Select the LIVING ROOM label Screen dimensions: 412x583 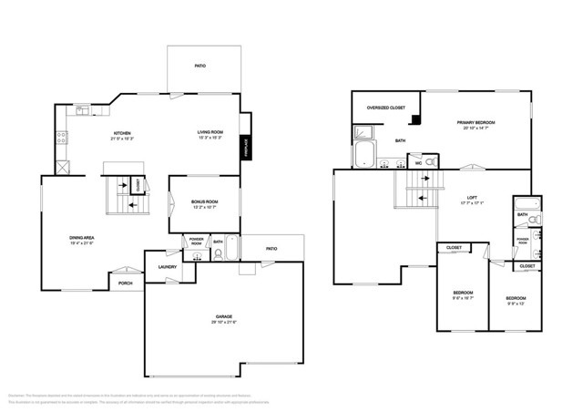tap(210, 133)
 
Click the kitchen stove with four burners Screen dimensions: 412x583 tap(62, 139)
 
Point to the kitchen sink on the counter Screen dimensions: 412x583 tap(82, 110)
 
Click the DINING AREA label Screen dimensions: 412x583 tap(82, 238)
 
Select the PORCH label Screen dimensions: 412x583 tap(126, 284)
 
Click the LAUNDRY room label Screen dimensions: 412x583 tap(167, 266)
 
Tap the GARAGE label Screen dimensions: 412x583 tap(223, 316)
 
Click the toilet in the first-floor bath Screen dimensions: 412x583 tap(218, 254)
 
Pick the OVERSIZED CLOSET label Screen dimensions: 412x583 tap(384, 108)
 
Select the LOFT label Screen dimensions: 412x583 tap(471, 198)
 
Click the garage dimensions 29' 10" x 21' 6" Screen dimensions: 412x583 tap(223, 323)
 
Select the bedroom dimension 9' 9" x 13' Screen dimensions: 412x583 tap(516, 304)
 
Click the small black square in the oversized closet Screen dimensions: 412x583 tap(415, 118)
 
